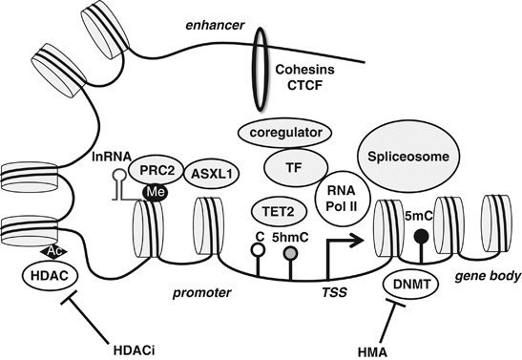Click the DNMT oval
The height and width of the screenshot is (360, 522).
click(411, 285)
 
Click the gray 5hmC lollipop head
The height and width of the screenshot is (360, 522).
click(287, 251)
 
